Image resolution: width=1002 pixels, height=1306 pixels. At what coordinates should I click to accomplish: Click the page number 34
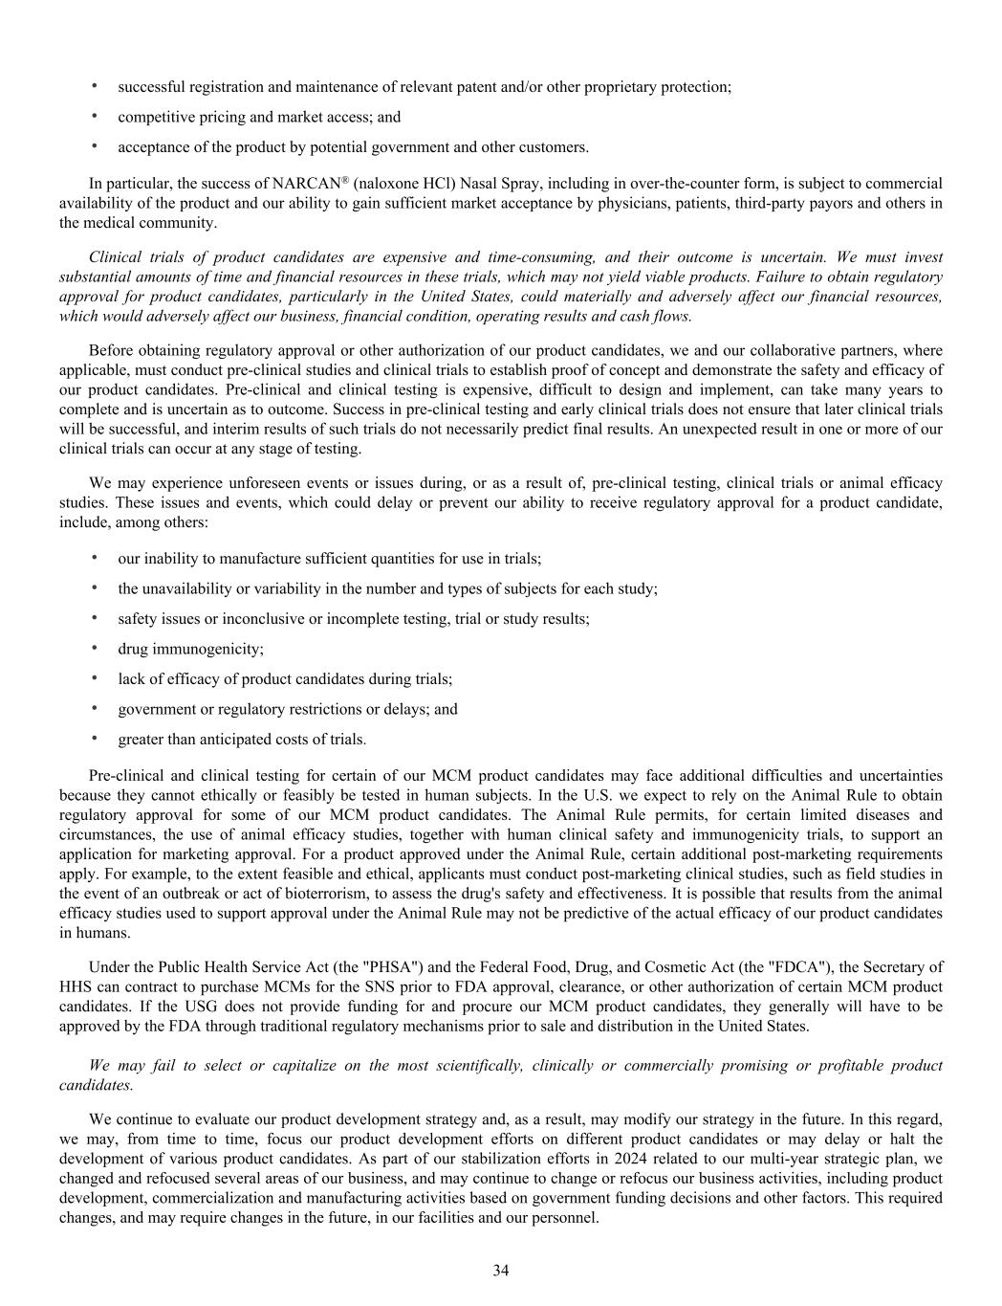click(x=500, y=1271)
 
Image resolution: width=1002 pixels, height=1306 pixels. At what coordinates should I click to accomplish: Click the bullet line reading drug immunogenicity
click(x=190, y=649)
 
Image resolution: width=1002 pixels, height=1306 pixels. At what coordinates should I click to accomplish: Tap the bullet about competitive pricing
click(x=259, y=117)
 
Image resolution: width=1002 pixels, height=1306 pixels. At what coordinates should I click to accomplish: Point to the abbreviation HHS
click(x=76, y=986)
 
